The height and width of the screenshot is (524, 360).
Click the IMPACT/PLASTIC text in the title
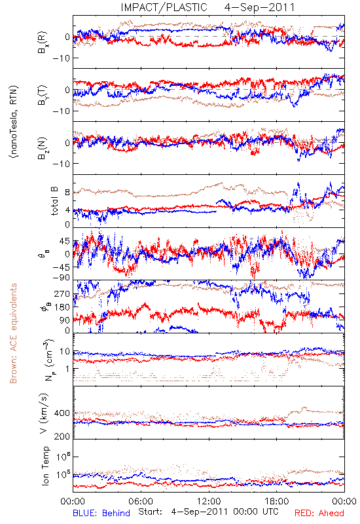tap(164, 7)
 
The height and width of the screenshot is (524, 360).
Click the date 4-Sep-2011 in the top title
tap(260, 7)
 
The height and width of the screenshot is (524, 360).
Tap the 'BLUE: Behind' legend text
tap(101, 513)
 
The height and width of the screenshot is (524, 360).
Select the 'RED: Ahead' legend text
tap(319, 513)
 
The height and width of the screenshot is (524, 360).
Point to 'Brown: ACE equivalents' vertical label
tap(13, 333)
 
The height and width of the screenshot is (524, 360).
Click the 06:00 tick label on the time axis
tap(141, 501)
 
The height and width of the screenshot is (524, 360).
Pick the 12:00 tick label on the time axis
tap(209, 501)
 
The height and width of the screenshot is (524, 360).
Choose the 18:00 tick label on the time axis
tap(277, 501)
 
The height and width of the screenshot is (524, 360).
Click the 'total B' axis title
tap(54, 201)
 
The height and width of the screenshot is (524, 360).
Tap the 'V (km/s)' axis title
tap(44, 413)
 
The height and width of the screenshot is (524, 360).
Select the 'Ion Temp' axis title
tap(45, 466)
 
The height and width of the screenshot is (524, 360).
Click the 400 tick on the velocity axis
tap(62, 413)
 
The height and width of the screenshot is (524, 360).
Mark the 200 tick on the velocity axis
tap(62, 436)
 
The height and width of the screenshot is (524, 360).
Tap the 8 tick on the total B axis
tap(67, 193)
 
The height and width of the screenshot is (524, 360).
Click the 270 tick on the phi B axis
tap(62, 294)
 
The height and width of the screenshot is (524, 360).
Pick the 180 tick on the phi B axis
tap(62, 307)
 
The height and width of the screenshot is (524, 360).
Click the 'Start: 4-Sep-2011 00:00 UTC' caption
tap(208, 512)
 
